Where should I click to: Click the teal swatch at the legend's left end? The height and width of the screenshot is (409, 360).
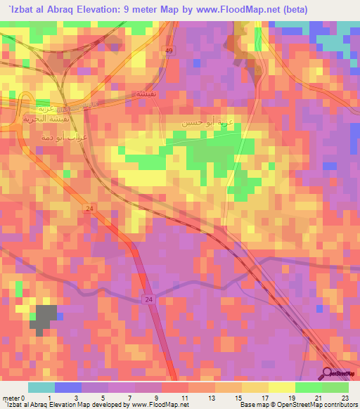click(41, 387)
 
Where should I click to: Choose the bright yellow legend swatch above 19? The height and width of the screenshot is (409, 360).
click(282, 387)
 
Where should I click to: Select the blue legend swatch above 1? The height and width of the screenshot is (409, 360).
click(67, 387)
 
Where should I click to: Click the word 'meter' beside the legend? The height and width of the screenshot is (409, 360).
click(11, 398)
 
